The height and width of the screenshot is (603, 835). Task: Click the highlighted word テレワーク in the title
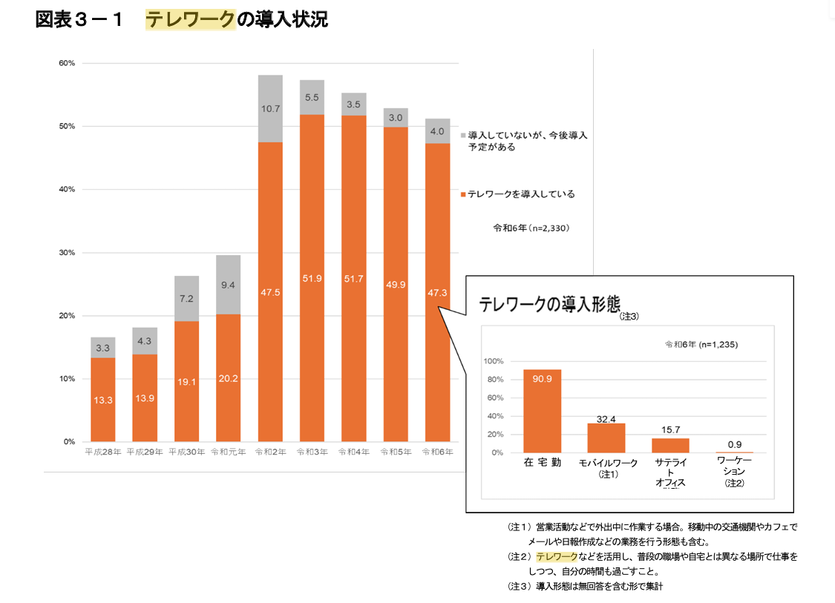(190, 20)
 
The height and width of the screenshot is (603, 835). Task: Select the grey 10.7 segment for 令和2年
(270, 108)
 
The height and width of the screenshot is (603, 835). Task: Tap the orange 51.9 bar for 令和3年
(312, 278)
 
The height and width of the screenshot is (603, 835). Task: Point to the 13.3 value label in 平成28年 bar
(103, 400)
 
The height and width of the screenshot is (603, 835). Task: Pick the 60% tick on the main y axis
(66, 64)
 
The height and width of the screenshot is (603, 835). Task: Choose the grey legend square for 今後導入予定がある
(463, 136)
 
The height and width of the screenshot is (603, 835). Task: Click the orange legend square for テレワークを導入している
(463, 194)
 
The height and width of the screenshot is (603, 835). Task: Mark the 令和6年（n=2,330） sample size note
(531, 228)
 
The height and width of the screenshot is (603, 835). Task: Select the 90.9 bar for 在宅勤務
(542, 411)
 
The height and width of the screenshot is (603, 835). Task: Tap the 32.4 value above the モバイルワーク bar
(606, 419)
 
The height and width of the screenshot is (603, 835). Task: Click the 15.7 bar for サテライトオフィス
(670, 445)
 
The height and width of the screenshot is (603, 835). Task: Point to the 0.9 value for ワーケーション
(734, 444)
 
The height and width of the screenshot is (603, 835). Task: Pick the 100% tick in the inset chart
(493, 361)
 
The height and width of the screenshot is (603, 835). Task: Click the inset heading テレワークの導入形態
(549, 304)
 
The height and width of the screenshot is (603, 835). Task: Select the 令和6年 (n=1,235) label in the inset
(701, 344)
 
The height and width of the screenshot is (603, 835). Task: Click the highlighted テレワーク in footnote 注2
(555, 556)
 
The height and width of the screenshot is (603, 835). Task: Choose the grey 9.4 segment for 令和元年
(229, 285)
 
